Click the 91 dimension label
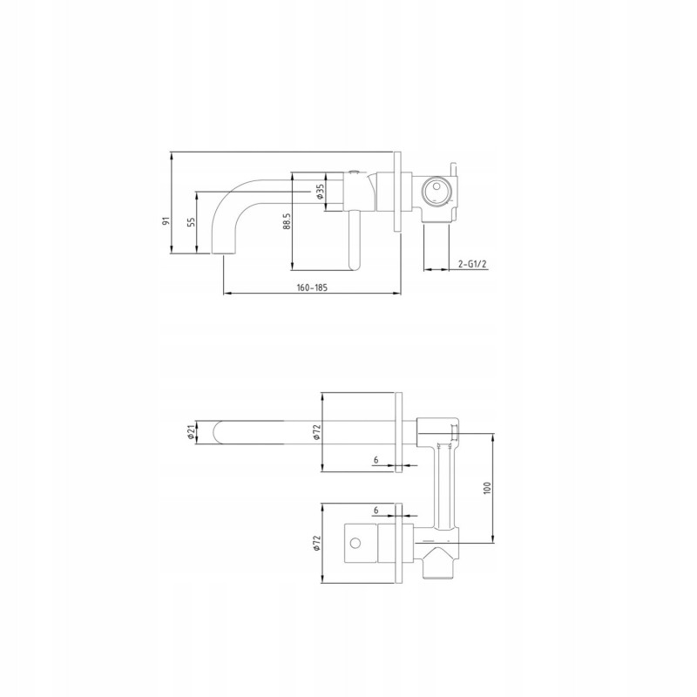[x=166, y=221]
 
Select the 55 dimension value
[x=191, y=222]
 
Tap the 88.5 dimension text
[x=288, y=221]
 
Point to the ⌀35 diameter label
[x=320, y=192]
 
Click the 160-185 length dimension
[x=312, y=288]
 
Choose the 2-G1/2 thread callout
[x=472, y=265]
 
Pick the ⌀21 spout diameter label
[x=191, y=432]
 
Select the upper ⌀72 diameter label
[x=317, y=432]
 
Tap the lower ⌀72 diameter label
[x=317, y=543]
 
